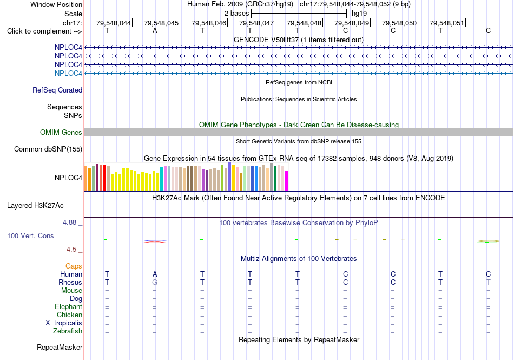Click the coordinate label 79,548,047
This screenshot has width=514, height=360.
point(256,23)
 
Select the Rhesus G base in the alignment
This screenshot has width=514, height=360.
point(155,282)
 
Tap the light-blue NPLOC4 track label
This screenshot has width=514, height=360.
point(68,73)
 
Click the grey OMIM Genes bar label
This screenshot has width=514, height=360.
point(61,132)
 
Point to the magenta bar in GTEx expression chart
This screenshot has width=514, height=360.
point(287,180)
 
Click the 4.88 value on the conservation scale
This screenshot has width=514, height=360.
point(69,222)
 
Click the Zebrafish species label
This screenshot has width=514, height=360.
point(68,331)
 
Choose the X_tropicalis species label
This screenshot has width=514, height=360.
point(64,323)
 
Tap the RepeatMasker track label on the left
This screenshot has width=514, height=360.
point(60,347)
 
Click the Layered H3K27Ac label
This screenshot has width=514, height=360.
point(35,206)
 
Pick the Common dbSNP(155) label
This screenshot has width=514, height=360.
point(48,149)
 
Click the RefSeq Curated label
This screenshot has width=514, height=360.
point(57,90)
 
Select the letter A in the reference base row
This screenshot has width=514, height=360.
point(155,31)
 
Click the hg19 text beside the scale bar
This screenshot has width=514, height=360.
point(359,14)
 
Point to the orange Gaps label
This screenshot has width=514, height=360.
point(74,266)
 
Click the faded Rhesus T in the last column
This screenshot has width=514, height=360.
point(488,282)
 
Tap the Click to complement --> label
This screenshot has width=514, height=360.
point(44,31)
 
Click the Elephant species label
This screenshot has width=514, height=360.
point(68,306)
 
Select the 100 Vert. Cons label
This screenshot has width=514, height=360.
point(30,235)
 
